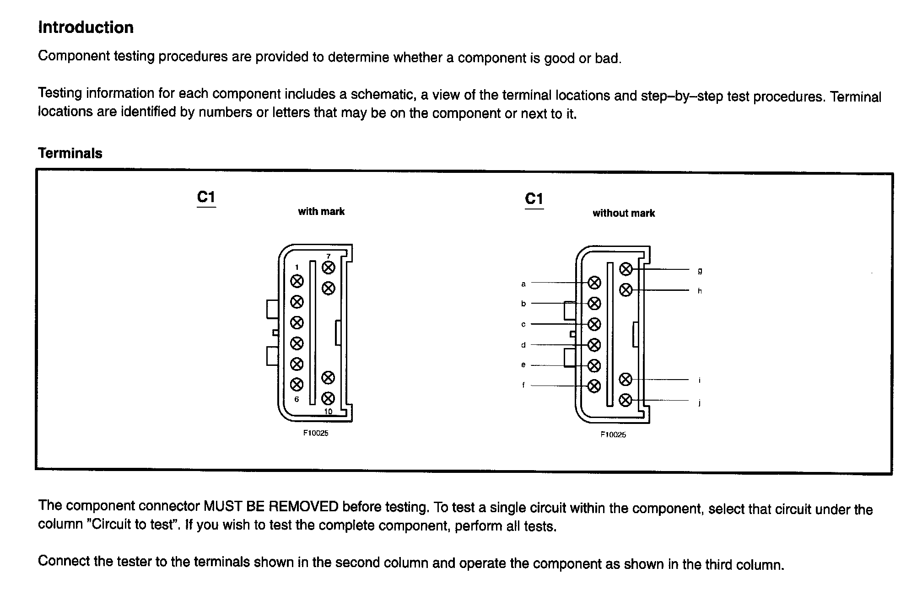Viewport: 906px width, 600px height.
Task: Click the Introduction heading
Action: pos(86,27)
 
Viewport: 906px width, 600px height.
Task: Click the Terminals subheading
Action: pos(70,153)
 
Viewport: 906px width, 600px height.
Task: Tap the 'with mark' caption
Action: pos(321,211)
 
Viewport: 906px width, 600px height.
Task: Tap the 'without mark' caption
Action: pos(624,213)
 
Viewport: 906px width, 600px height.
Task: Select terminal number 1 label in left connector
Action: pos(297,268)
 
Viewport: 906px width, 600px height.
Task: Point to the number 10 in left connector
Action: pos(328,412)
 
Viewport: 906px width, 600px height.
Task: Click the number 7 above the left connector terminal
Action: pos(329,256)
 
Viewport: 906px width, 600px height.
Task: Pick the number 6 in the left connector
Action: pos(297,399)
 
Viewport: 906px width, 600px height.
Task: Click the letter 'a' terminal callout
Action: pos(523,284)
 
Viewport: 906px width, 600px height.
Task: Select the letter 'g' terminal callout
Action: pos(700,271)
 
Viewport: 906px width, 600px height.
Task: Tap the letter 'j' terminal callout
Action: pos(700,402)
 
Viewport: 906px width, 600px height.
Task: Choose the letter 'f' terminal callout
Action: pos(523,385)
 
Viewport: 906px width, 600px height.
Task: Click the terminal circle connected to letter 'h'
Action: pos(626,290)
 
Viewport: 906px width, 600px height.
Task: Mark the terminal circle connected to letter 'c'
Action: pos(594,324)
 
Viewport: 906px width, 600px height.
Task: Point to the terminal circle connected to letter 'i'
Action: pos(626,379)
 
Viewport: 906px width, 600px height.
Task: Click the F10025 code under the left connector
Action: pos(316,433)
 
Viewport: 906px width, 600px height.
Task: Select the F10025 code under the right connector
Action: pos(613,435)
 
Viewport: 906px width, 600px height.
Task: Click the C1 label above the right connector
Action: pos(534,199)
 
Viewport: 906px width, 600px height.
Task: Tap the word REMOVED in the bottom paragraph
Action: pos(303,507)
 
